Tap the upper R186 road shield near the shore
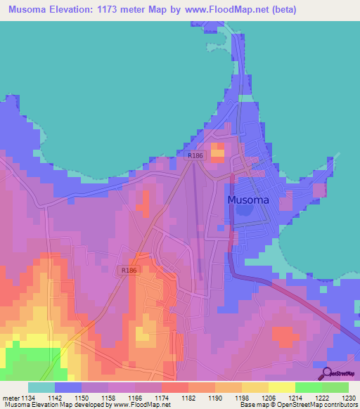195,156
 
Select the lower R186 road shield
129,271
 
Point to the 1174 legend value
162,398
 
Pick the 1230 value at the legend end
348,398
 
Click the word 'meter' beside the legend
10,398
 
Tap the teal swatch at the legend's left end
41,387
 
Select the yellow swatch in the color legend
281,387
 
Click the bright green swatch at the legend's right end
335,387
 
